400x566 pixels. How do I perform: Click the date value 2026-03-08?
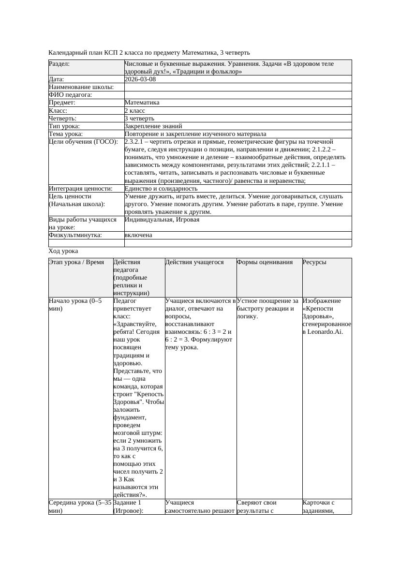click(140, 79)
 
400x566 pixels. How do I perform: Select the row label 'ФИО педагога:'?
click(71, 95)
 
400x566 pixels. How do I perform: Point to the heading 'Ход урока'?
click(63, 251)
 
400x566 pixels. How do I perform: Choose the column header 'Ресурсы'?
click(314, 262)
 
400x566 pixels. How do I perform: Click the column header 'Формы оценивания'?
click(265, 262)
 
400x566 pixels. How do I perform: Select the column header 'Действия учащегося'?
click(194, 262)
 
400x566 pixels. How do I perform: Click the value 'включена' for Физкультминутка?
click(138, 235)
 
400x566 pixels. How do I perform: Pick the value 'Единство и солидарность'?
click(161, 188)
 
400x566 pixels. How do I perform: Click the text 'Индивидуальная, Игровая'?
click(162, 220)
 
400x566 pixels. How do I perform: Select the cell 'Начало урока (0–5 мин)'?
click(75, 304)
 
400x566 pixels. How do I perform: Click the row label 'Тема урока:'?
click(66, 134)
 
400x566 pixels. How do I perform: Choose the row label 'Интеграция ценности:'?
click(81, 188)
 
